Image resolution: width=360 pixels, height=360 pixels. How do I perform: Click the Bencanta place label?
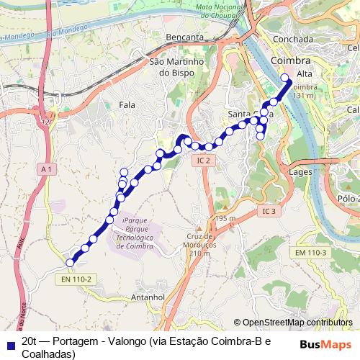point(184,35)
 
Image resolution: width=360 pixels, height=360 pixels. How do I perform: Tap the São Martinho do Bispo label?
point(177,67)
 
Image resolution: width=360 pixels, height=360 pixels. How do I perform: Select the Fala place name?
point(127,105)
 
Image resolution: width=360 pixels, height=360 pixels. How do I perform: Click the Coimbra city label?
point(291,60)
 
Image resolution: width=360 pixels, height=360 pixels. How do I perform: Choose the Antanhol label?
point(150,297)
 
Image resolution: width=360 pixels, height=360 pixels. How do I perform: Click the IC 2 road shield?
point(204,161)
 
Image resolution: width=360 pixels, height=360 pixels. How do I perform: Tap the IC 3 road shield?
point(269,211)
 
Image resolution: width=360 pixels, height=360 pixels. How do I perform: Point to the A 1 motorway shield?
point(47,168)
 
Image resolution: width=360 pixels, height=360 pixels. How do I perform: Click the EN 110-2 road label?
point(77,279)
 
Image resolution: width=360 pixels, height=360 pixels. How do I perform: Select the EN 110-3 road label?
point(310,252)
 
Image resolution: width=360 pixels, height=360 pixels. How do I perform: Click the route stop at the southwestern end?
point(70,263)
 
